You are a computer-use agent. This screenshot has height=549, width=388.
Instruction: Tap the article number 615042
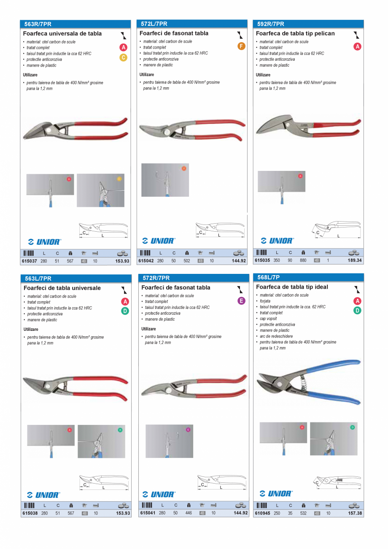[146, 261]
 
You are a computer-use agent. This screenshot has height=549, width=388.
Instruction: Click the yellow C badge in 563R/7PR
[123, 57]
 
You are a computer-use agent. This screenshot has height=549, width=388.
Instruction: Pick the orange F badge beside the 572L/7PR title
[241, 46]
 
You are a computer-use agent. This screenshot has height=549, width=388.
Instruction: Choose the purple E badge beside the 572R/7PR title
[242, 301]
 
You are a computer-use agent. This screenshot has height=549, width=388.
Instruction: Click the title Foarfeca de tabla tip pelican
[295, 33]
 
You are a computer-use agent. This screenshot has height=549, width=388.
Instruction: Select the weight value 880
[303, 260]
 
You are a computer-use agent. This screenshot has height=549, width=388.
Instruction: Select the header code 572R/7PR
[156, 278]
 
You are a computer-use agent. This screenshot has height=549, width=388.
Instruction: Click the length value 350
[277, 260]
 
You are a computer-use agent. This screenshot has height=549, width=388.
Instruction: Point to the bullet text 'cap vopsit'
[269, 319]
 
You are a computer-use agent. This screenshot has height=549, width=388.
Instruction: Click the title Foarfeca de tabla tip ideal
[292, 287]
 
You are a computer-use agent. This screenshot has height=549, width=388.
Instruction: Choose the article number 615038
[30, 513]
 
